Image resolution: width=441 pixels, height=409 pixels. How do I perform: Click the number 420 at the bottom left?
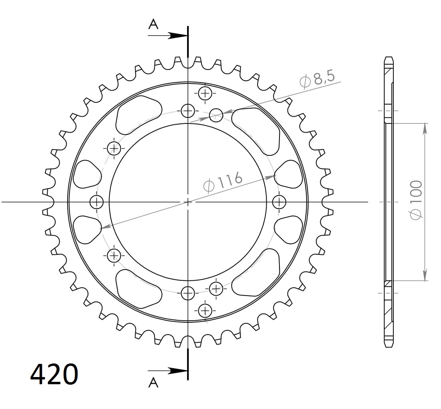point(54,374)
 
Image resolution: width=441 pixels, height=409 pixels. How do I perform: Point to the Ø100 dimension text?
point(416,199)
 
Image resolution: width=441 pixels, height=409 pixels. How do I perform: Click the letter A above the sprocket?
point(153,25)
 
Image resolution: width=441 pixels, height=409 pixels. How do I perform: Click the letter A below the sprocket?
point(153,383)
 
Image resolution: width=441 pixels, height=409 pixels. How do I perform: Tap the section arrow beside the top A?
point(176,36)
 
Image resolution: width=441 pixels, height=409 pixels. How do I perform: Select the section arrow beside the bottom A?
point(176,371)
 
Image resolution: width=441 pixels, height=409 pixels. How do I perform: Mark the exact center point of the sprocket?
point(188,202)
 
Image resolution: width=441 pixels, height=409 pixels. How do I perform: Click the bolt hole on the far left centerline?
point(96,202)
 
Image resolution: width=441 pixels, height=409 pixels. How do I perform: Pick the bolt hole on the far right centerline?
point(279,202)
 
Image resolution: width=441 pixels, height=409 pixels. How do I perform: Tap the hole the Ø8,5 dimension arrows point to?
point(216,115)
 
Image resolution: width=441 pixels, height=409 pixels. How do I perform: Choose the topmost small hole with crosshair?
point(205,94)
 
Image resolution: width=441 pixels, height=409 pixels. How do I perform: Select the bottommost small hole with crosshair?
point(205,310)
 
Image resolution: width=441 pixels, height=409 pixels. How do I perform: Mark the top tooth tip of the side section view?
point(389,58)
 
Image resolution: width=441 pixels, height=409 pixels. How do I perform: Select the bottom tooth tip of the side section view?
point(389,346)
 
